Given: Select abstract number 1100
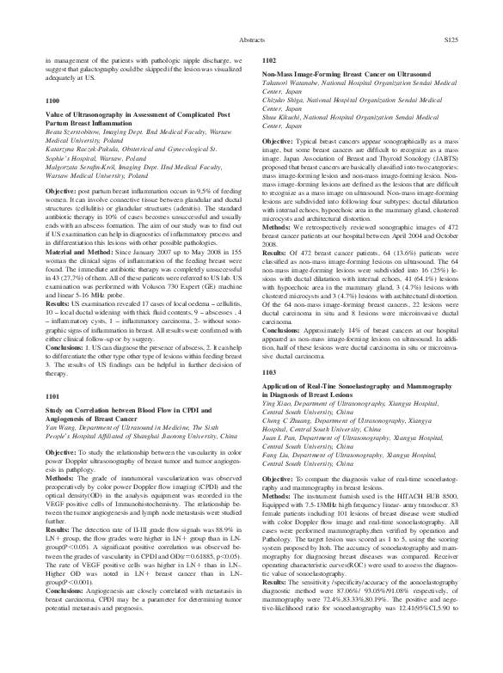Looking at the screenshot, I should click(x=52, y=101).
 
